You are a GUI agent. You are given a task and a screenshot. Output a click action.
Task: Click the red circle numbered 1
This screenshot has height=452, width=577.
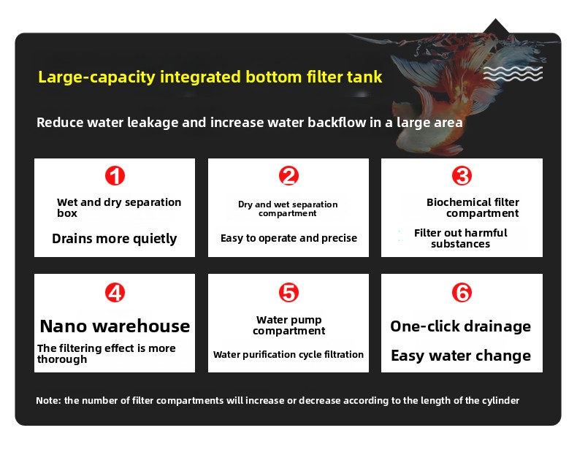coord(115,176)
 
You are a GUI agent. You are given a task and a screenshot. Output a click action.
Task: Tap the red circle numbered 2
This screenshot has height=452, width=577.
coord(288,176)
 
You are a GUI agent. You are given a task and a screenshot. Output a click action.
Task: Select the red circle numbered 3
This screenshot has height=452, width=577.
coord(462,176)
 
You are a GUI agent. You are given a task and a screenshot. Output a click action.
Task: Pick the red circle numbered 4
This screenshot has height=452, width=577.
coord(115,293)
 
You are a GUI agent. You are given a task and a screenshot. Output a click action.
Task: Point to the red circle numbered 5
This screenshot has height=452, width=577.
coord(288,293)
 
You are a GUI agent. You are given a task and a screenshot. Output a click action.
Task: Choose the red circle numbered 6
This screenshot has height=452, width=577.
coord(462,293)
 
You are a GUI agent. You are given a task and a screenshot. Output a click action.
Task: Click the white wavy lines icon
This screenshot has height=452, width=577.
coord(513,74)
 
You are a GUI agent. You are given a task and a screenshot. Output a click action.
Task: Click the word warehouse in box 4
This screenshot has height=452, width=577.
coord(141,326)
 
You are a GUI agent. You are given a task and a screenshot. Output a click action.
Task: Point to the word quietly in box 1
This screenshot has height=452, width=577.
coord(155,239)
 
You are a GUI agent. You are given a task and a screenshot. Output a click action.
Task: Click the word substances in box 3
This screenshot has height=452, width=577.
coord(460,244)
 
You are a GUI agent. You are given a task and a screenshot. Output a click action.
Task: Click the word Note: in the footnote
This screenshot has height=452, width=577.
coord(48,400)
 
